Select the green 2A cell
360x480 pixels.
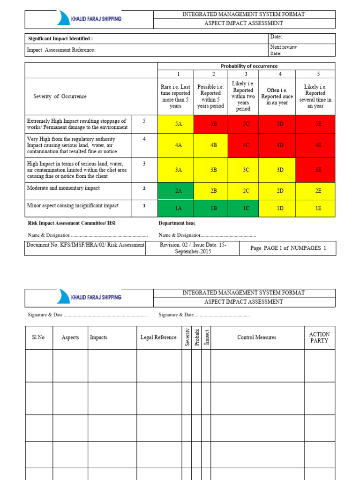click(x=178, y=191)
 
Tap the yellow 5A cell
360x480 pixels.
click(x=178, y=124)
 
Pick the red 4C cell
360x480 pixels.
click(x=246, y=145)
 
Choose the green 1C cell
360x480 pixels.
click(x=246, y=208)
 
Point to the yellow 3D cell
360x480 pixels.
click(x=280, y=170)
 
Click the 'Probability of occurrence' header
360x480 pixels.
click(x=246, y=66)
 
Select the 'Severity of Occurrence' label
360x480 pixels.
click(x=60, y=97)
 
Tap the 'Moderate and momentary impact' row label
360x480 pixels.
click(x=63, y=188)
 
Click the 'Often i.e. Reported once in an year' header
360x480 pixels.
click(x=280, y=97)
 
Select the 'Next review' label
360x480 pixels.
click(x=283, y=47)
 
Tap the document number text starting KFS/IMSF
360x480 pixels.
click(x=85, y=245)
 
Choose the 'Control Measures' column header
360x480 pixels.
click(x=256, y=337)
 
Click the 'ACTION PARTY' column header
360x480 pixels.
click(x=319, y=337)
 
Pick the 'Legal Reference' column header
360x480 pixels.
click(x=158, y=337)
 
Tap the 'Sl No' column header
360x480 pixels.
click(x=38, y=337)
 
